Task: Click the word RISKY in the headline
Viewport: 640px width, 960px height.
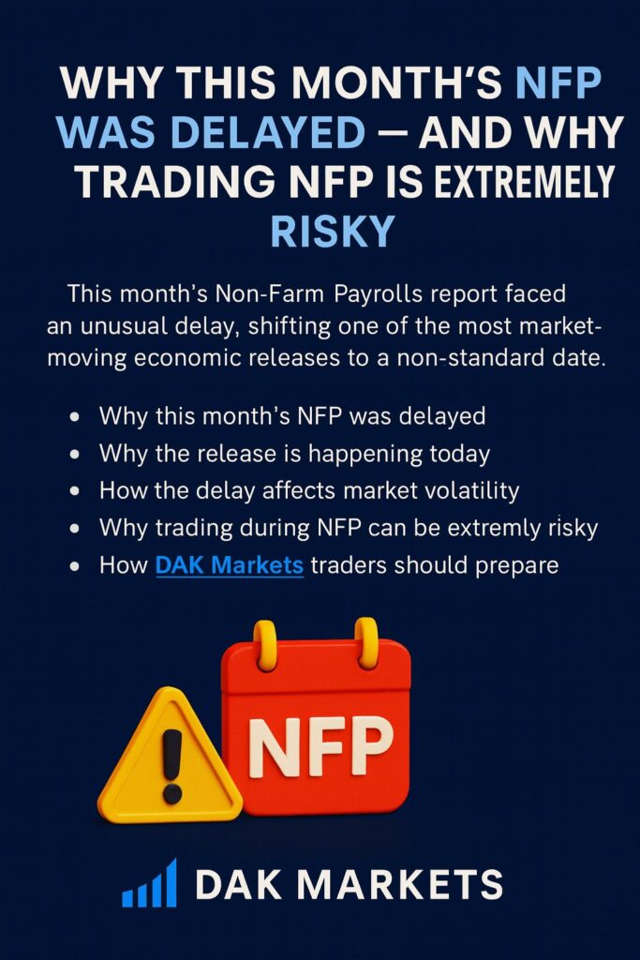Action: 333,231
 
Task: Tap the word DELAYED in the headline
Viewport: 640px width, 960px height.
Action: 268,132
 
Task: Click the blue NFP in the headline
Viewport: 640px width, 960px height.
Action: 558,82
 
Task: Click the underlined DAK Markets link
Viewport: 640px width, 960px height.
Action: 230,564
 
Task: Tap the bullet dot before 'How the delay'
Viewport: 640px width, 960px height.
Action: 75,491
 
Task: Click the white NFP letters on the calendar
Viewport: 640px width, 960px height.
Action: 320,745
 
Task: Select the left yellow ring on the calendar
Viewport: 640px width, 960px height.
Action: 265,644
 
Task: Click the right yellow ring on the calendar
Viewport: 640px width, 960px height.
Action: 366,642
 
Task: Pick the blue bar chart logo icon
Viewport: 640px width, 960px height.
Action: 149,882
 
